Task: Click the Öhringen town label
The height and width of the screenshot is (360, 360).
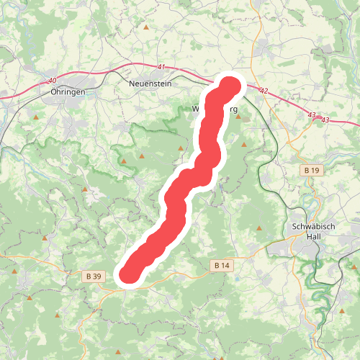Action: click(x=69, y=92)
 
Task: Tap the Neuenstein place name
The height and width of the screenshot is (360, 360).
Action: click(x=150, y=84)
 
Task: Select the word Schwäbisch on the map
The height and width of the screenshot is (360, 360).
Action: click(x=314, y=225)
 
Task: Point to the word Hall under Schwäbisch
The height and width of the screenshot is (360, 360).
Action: click(x=314, y=235)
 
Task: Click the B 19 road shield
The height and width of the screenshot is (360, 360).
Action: click(x=310, y=170)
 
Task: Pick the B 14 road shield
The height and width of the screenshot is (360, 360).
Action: click(x=222, y=266)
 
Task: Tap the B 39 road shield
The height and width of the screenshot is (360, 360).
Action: click(x=92, y=275)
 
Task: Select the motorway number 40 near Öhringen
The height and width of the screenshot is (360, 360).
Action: click(x=51, y=80)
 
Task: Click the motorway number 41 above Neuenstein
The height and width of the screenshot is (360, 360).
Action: click(x=161, y=67)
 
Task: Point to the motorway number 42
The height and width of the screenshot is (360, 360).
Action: click(x=264, y=91)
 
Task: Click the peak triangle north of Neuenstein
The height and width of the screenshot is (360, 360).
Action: click(x=146, y=27)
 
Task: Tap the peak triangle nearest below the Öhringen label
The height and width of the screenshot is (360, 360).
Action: click(x=36, y=114)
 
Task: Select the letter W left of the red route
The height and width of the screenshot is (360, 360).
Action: click(x=196, y=110)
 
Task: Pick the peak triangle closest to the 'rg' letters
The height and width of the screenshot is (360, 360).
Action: click(x=238, y=116)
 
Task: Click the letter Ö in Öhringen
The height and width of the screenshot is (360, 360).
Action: click(x=55, y=92)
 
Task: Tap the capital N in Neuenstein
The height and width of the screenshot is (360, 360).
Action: click(x=130, y=84)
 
